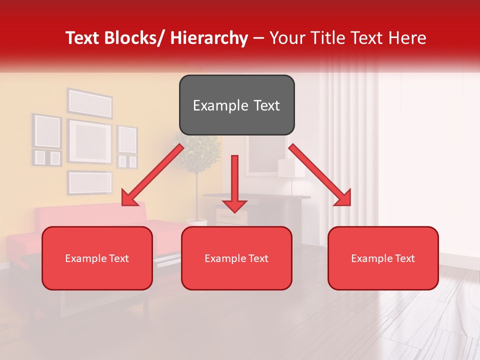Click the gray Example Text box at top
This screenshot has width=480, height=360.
tap(236, 105)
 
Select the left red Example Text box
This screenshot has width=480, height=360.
tap(97, 258)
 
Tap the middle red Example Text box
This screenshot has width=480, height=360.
tap(236, 258)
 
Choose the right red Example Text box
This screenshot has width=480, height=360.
tap(383, 258)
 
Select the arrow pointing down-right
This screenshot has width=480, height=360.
tap(320, 175)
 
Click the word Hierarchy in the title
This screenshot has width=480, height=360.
tap(209, 38)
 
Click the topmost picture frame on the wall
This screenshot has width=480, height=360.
tap(90, 102)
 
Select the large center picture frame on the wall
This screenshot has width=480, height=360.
tap(89, 141)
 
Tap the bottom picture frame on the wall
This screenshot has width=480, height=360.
tap(90, 182)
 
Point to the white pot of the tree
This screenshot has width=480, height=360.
tap(197, 221)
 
